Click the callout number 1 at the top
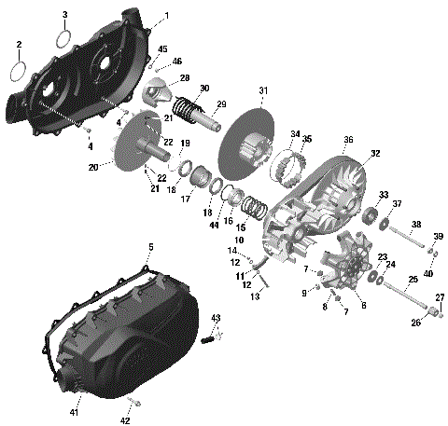166,16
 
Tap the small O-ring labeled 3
64,39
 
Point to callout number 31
262,90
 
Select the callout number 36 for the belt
347,140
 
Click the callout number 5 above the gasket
150,246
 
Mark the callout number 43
216,319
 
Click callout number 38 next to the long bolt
416,224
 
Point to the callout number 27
440,297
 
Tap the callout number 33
383,195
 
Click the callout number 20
93,168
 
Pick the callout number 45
162,48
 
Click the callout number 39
439,236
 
